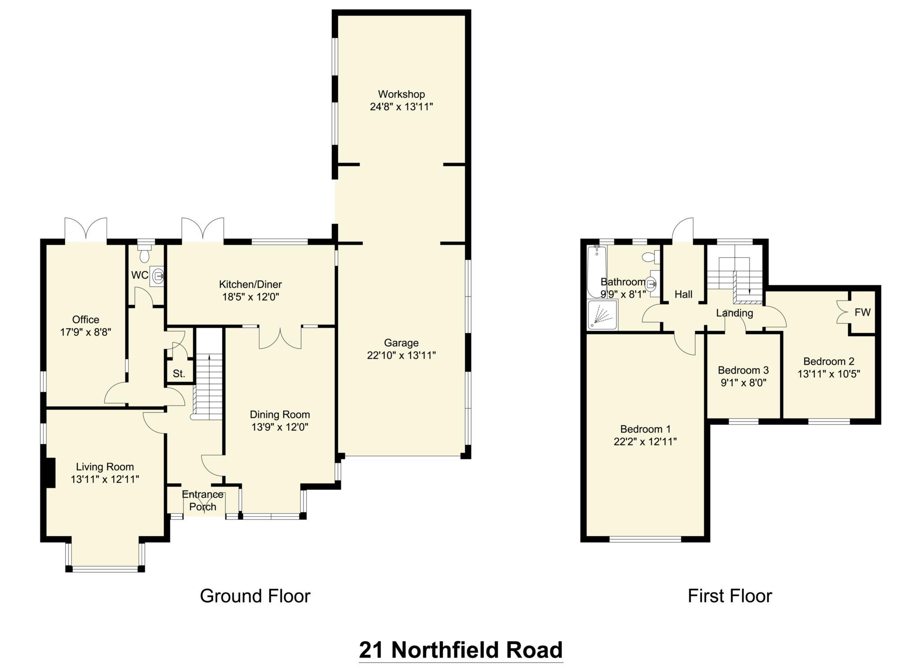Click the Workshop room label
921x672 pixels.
(401, 94)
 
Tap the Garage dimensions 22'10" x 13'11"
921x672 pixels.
(401, 356)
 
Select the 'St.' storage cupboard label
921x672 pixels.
(179, 374)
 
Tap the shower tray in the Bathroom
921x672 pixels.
(602, 315)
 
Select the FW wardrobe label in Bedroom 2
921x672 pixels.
(862, 312)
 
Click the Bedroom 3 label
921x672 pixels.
(743, 370)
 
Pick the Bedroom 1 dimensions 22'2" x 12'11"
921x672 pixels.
(645, 442)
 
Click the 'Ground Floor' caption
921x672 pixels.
(255, 596)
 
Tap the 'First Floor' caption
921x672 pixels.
(729, 596)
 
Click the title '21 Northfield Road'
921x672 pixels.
(460, 649)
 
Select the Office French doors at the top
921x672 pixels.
(85, 230)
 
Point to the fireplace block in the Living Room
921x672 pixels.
(50, 472)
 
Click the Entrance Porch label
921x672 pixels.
(202, 501)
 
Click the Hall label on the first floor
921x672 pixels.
(683, 294)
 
